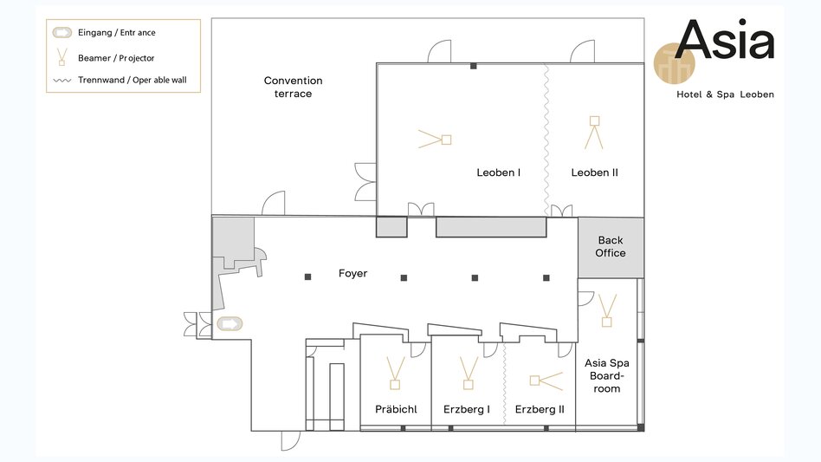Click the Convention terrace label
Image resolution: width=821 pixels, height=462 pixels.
point(294,87)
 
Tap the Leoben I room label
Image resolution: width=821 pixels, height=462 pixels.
point(499,172)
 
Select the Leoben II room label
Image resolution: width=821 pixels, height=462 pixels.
point(594,172)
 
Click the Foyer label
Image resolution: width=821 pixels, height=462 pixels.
point(352,273)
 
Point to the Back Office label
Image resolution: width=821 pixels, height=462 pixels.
point(611,246)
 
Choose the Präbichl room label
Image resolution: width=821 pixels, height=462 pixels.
point(396,409)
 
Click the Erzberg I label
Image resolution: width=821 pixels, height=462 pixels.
point(467,409)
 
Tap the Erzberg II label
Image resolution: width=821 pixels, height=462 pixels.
point(540,409)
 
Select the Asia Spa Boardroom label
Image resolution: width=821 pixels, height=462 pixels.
point(607,375)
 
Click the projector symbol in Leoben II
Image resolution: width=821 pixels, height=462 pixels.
point(594,132)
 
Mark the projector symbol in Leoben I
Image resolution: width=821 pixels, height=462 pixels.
point(435,140)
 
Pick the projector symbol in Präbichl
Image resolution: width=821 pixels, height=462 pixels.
point(395,373)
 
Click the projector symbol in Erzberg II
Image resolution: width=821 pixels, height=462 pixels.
point(546,381)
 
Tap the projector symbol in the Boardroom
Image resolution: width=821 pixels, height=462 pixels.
point(607,310)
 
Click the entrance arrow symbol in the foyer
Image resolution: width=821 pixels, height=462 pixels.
point(229,324)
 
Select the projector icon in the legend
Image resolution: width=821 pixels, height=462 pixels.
point(61,57)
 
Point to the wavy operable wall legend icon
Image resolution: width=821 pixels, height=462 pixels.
point(62,81)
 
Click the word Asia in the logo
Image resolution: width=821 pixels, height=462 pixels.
point(725,39)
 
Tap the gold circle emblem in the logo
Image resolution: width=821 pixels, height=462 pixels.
point(674,64)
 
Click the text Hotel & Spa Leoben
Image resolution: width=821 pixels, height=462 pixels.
point(725,94)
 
